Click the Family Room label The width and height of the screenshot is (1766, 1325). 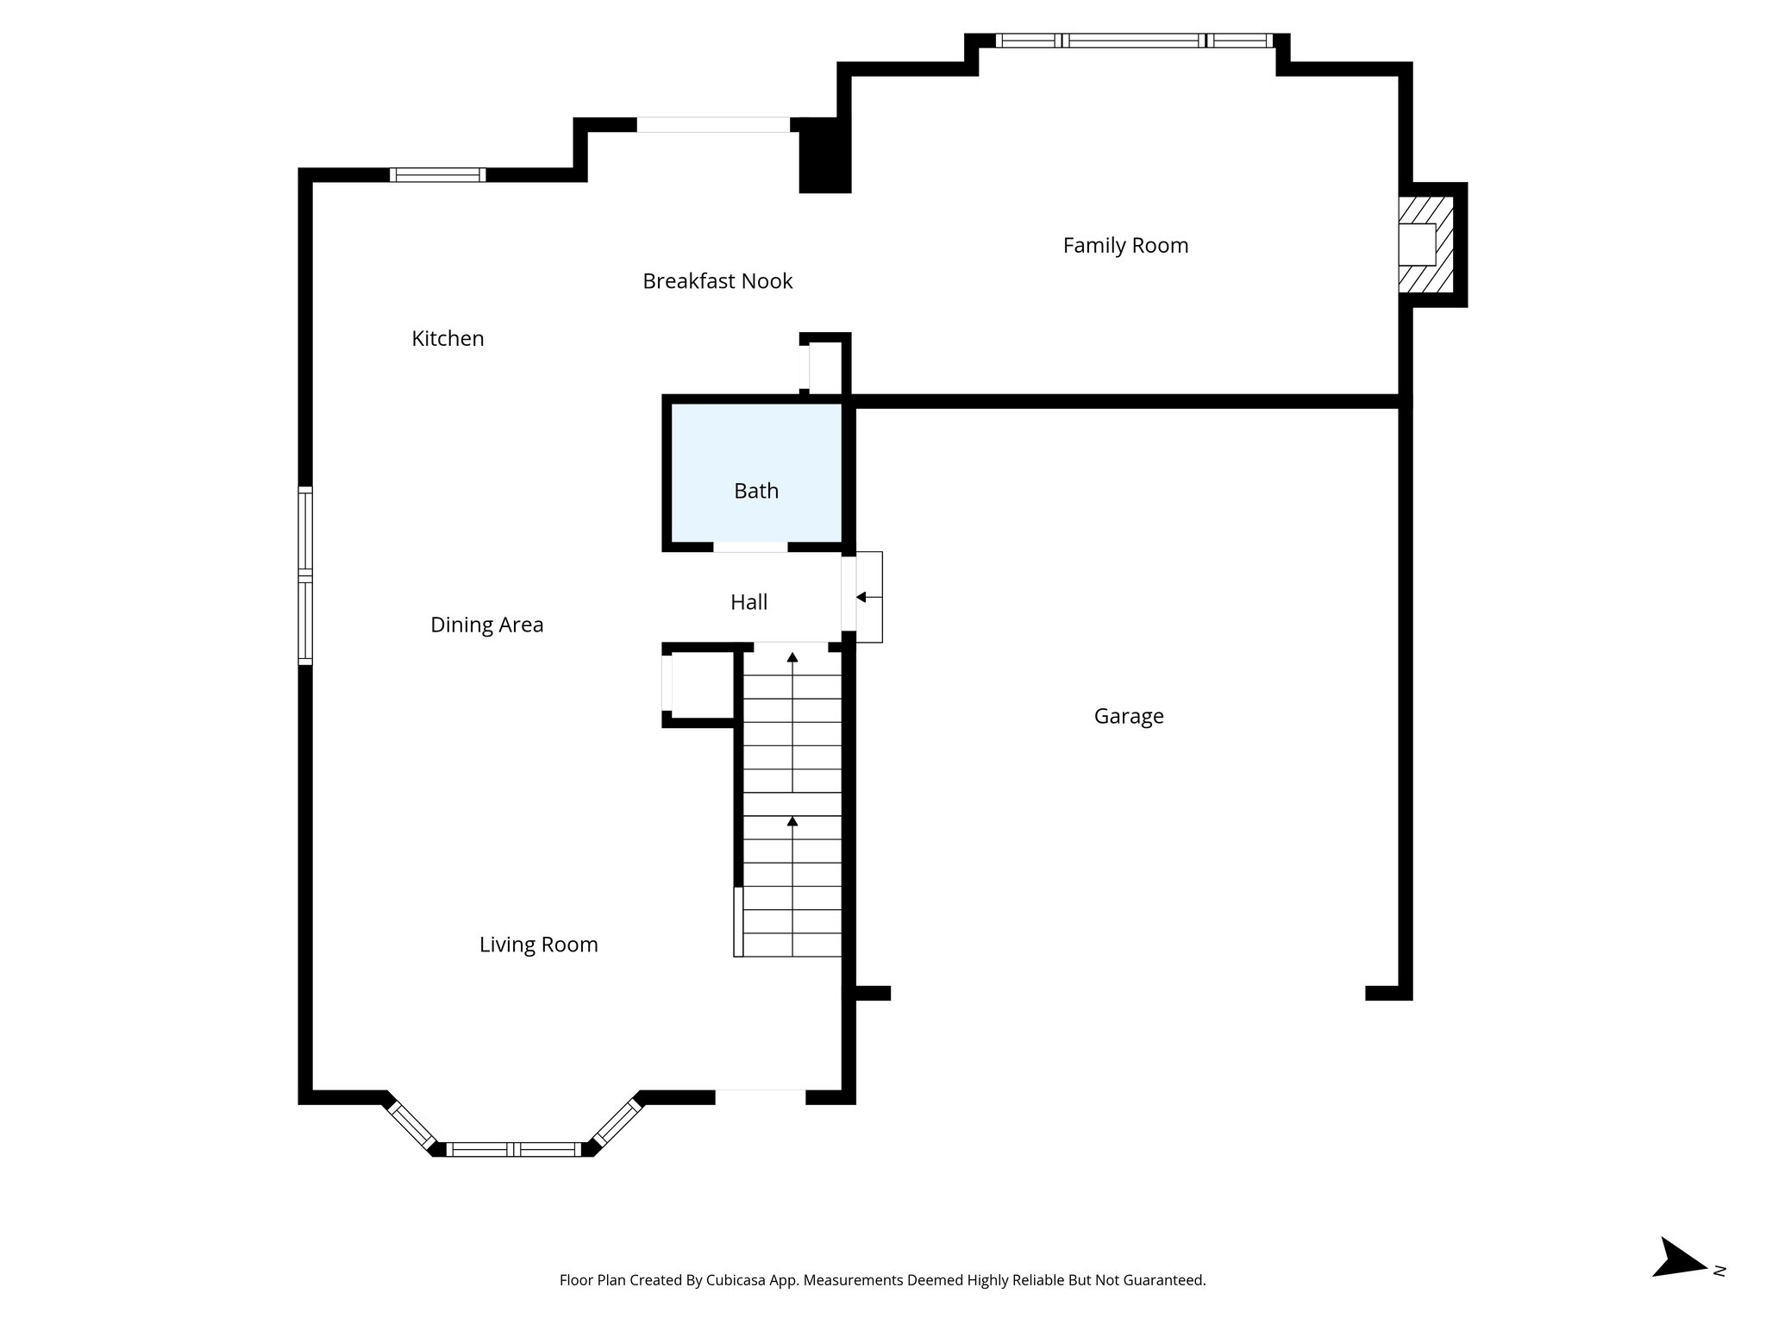[x=1125, y=246]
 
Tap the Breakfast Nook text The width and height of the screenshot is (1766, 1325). [x=717, y=281]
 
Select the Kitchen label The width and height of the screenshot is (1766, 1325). [x=448, y=339]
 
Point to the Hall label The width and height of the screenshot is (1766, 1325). [x=748, y=602]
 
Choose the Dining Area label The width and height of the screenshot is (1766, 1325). [x=486, y=625]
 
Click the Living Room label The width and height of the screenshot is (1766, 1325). [x=538, y=945]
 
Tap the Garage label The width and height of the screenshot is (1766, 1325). [x=1128, y=716]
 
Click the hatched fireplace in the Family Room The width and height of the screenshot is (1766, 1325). [x=1425, y=245]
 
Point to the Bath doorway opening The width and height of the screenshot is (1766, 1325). [x=750, y=547]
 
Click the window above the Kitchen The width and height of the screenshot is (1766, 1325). [x=437, y=175]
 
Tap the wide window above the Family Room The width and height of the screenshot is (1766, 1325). [x=1133, y=41]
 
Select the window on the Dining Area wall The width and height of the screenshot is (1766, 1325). [x=305, y=575]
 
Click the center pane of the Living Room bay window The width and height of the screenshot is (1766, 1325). [x=514, y=1149]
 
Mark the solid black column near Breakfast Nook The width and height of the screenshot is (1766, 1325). [x=824, y=156]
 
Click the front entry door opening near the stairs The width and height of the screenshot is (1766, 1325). [x=760, y=1096]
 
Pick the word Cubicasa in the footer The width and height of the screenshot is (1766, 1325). [x=738, y=1280]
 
